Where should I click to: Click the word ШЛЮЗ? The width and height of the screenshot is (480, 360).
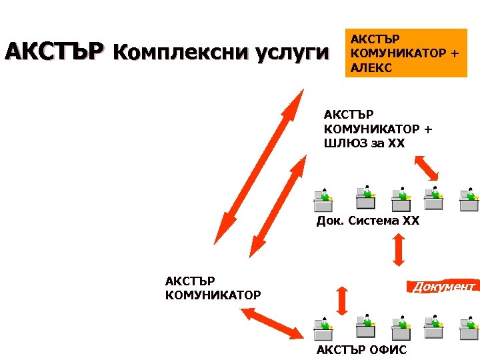pyautogui.click(x=346, y=143)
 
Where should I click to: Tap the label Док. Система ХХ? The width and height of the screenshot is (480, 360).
pyautogui.click(x=367, y=221)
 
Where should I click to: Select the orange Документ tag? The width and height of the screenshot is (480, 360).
pyautogui.click(x=443, y=287)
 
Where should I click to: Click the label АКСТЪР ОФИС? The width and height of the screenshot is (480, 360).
pyautogui.click(x=361, y=350)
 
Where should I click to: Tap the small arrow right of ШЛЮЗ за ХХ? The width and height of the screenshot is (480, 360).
pyautogui.click(x=427, y=167)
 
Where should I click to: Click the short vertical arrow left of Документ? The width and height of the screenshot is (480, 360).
pyautogui.click(x=342, y=301)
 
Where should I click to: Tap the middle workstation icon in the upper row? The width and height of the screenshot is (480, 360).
pyautogui.click(x=399, y=198)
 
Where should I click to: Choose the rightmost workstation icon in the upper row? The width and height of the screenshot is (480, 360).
pyautogui.click(x=470, y=198)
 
